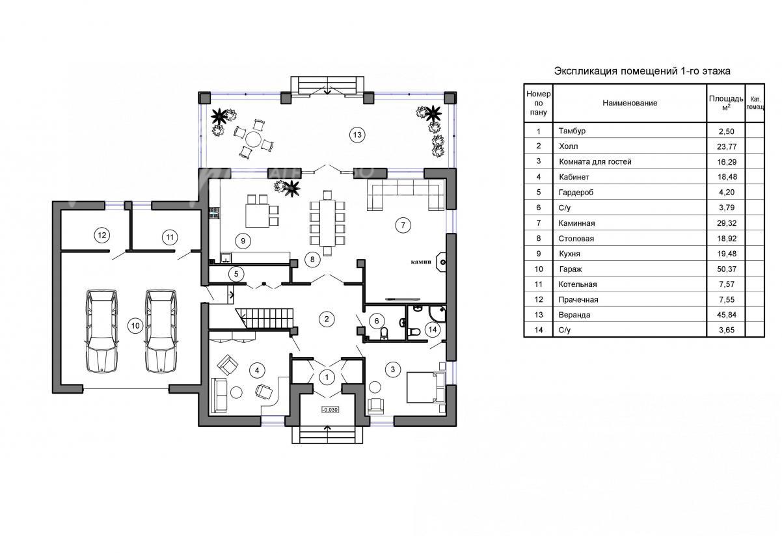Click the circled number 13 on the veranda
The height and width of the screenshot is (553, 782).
(357, 135)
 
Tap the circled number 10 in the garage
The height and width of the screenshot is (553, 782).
(135, 326)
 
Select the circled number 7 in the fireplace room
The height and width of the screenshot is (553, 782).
(403, 225)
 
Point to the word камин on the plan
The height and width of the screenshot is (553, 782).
(421, 262)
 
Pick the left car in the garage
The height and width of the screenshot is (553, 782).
(101, 330)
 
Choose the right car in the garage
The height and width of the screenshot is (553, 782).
(161, 330)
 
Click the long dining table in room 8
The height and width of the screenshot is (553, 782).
(327, 223)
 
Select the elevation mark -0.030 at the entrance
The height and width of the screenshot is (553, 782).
(330, 409)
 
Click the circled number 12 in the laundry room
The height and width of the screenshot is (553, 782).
(102, 235)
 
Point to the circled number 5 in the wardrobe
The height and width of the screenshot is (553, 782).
(236, 274)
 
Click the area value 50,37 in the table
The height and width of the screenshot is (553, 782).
(727, 269)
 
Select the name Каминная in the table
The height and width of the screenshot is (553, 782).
(576, 223)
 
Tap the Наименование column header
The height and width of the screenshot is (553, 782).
(630, 103)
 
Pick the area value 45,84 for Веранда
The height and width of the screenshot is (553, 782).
(727, 315)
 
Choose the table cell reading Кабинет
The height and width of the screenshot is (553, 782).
(574, 177)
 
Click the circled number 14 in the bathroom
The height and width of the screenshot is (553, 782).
(433, 330)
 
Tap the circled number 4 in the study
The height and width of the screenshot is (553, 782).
(257, 370)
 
